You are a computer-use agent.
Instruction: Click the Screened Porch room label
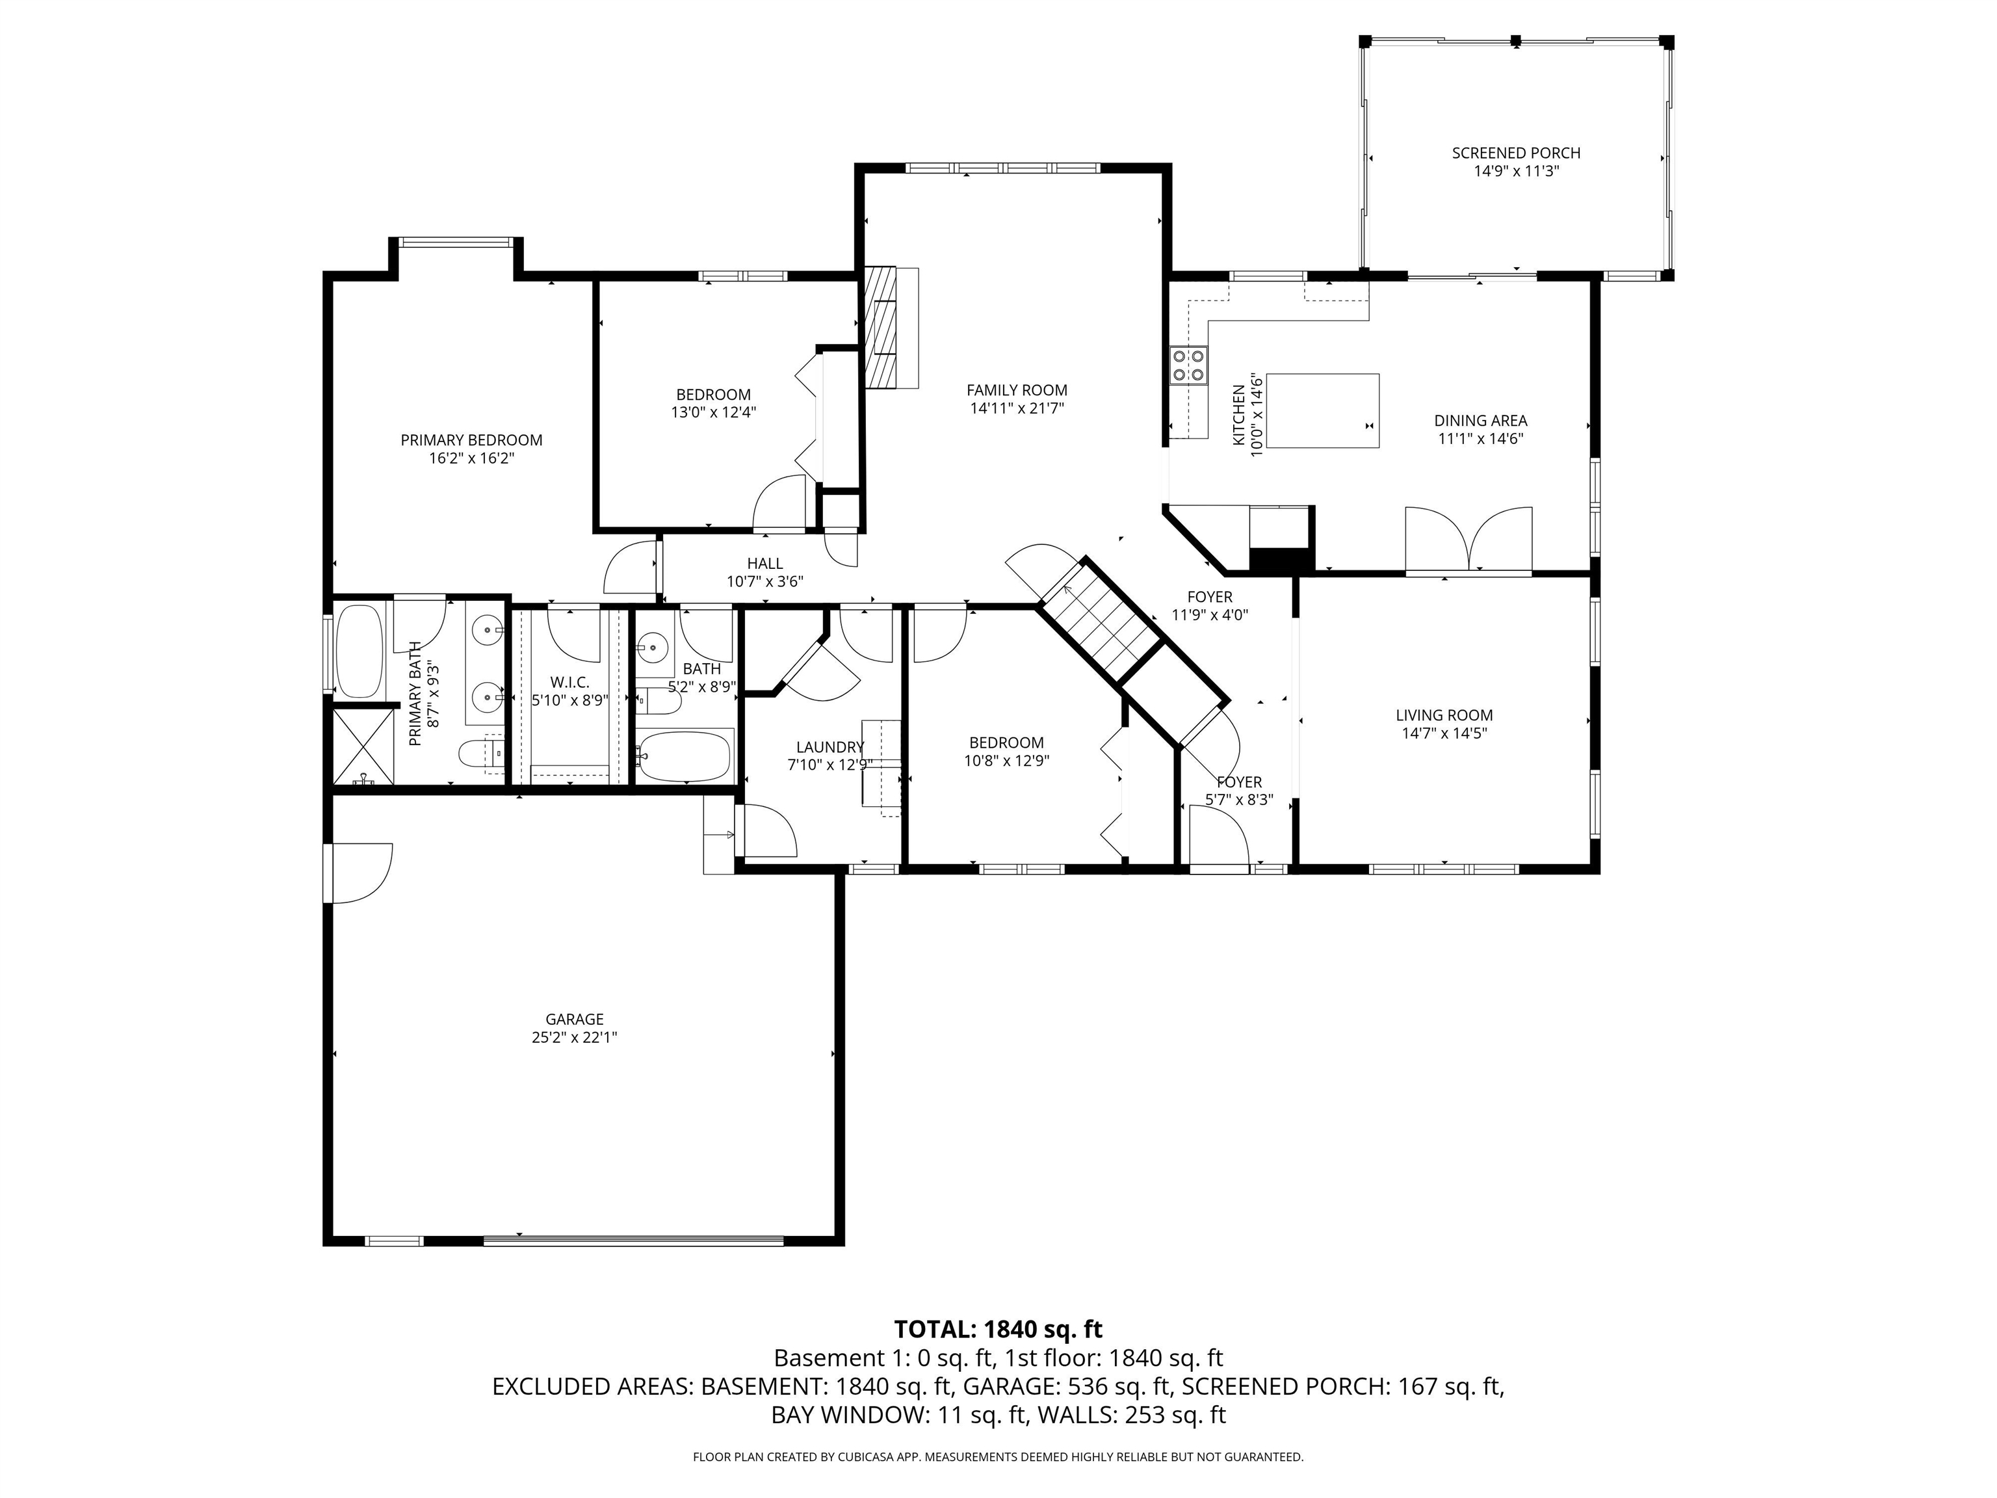[x=1516, y=153]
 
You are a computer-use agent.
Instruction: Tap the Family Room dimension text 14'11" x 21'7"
[x=1017, y=408]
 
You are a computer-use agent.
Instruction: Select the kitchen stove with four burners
[x=1189, y=365]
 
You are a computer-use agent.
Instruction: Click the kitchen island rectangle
[x=1323, y=411]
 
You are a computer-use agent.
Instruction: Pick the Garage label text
[x=574, y=1020]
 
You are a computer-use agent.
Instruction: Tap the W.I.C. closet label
[x=569, y=683]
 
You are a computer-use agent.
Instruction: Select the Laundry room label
[x=829, y=748]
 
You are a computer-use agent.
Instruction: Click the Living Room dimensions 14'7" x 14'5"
[x=1444, y=733]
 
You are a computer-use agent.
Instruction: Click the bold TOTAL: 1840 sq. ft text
[x=998, y=1329]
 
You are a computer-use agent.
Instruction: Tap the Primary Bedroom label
[x=471, y=441]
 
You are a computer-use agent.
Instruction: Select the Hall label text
[x=764, y=564]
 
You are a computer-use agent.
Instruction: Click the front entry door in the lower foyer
[x=1219, y=837]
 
